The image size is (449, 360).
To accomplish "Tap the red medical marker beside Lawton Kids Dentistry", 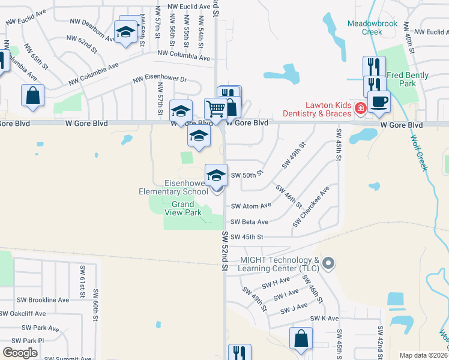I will pyautogui.click(x=361, y=109).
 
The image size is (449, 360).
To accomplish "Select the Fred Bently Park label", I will pyautogui.click(x=402, y=79).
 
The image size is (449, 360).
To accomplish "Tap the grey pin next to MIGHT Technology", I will pyautogui.click(x=328, y=263).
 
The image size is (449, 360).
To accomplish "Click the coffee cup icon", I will pyautogui.click(x=378, y=101).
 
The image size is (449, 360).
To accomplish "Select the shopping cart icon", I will pyautogui.click(x=215, y=109).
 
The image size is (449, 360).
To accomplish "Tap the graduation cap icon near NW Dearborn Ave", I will pyautogui.click(x=125, y=31).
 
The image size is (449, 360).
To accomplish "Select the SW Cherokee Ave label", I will pyautogui.click(x=311, y=207).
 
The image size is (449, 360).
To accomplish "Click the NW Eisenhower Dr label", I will pyautogui.click(x=160, y=79).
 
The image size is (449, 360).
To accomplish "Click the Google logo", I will pyautogui.click(x=20, y=352).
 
